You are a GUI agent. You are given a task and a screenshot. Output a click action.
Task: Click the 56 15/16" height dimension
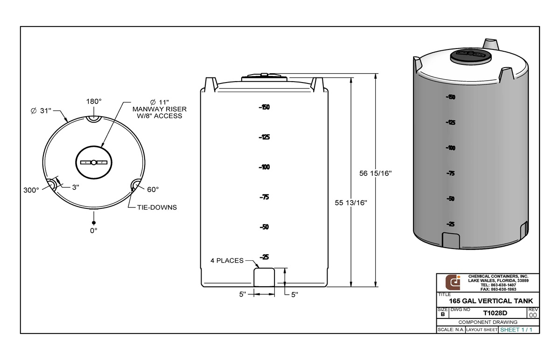pos(375,173)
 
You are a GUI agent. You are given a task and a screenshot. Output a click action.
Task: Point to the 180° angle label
pos(94,102)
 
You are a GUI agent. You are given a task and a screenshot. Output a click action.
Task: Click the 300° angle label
pos(31,190)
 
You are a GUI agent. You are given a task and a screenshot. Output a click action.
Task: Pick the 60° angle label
pos(153,189)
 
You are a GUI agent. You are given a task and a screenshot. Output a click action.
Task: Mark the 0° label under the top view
pos(94,230)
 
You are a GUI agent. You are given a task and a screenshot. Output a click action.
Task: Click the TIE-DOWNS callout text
pos(156,207)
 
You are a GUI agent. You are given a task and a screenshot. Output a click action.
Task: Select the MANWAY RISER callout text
pos(160,109)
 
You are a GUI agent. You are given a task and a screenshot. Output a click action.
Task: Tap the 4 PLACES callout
pos(227,261)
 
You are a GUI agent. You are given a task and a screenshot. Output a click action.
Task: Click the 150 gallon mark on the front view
pos(265,107)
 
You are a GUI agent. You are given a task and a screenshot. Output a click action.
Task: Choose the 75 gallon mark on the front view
pos(265,197)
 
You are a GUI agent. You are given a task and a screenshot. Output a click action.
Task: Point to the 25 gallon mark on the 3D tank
pos(451,224)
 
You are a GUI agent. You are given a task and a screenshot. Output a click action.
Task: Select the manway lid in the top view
pos(94,162)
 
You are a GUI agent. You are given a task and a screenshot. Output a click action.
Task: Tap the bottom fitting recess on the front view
pos(264,277)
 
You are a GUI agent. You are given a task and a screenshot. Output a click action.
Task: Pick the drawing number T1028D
pos(495,313)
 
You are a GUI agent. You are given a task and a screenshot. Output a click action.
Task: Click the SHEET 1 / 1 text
pos(516,330)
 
